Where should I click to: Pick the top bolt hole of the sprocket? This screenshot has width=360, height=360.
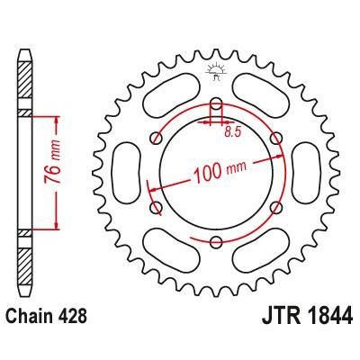(216, 102)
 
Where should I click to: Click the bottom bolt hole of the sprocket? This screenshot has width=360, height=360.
(216, 240)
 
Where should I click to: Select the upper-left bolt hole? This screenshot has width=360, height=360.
(156, 137)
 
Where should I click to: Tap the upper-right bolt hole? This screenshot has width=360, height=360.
(276, 137)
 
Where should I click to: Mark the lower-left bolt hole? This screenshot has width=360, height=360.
(156, 206)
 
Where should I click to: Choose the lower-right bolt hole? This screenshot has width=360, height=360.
(276, 206)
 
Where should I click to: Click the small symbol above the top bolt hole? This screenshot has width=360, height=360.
(216, 69)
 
